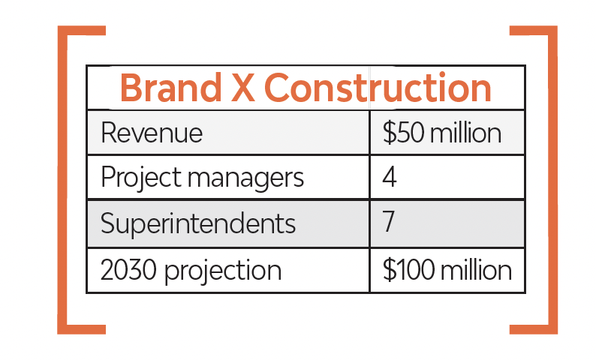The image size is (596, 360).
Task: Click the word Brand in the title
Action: click(x=170, y=88)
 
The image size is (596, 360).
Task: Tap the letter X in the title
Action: click(x=243, y=88)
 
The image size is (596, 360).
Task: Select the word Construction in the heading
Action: click(x=378, y=87)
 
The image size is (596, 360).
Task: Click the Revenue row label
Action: click(x=152, y=133)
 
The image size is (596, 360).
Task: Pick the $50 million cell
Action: click(x=441, y=133)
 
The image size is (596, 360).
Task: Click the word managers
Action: click(x=245, y=179)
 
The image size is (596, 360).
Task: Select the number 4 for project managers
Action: click(x=390, y=176)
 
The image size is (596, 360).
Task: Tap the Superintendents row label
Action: click(x=197, y=224)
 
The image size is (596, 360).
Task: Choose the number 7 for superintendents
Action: click(x=389, y=221)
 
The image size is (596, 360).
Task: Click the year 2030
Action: click(x=128, y=270)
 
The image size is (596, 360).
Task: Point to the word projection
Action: click(x=223, y=272)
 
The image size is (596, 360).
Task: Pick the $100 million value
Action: click(x=447, y=269)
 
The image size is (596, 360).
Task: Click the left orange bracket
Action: click(x=62, y=180)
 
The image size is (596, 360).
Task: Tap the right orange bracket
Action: click(x=553, y=180)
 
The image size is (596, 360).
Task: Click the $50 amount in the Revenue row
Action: click(x=403, y=133)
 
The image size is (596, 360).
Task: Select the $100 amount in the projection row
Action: click(x=408, y=269)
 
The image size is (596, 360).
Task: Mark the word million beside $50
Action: click(x=466, y=133)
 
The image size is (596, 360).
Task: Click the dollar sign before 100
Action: click(x=389, y=269)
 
